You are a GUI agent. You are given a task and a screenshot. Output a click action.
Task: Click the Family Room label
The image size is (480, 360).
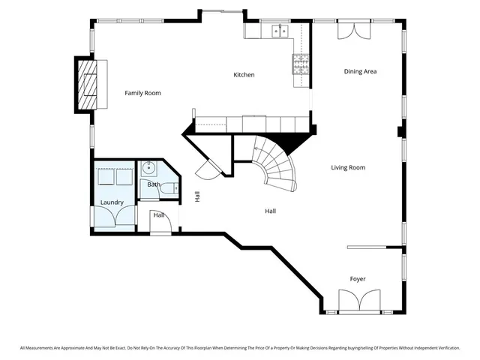(x=142, y=93)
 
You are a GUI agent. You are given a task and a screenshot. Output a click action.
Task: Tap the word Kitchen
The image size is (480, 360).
(x=244, y=75)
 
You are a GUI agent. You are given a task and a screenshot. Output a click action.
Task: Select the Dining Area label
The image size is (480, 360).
(x=360, y=72)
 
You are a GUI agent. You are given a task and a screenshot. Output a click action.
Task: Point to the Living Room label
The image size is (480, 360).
(x=348, y=167)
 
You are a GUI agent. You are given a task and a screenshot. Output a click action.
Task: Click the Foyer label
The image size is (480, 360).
(x=358, y=279)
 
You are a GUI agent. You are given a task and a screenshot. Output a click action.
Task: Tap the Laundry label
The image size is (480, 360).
(x=112, y=202)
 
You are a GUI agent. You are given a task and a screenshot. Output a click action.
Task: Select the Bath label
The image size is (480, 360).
(x=153, y=184)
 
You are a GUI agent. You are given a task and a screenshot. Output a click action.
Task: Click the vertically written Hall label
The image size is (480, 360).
(x=197, y=196)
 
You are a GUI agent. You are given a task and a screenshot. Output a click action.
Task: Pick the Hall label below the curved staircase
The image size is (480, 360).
(x=270, y=211)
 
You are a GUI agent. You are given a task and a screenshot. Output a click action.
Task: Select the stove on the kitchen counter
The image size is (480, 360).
(x=300, y=64)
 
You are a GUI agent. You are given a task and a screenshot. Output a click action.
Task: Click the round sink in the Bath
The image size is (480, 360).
(x=148, y=169)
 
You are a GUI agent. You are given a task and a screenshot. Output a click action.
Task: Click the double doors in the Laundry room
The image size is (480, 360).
(x=112, y=215)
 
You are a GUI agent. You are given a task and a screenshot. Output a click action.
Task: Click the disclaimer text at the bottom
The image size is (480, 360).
(x=240, y=348)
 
